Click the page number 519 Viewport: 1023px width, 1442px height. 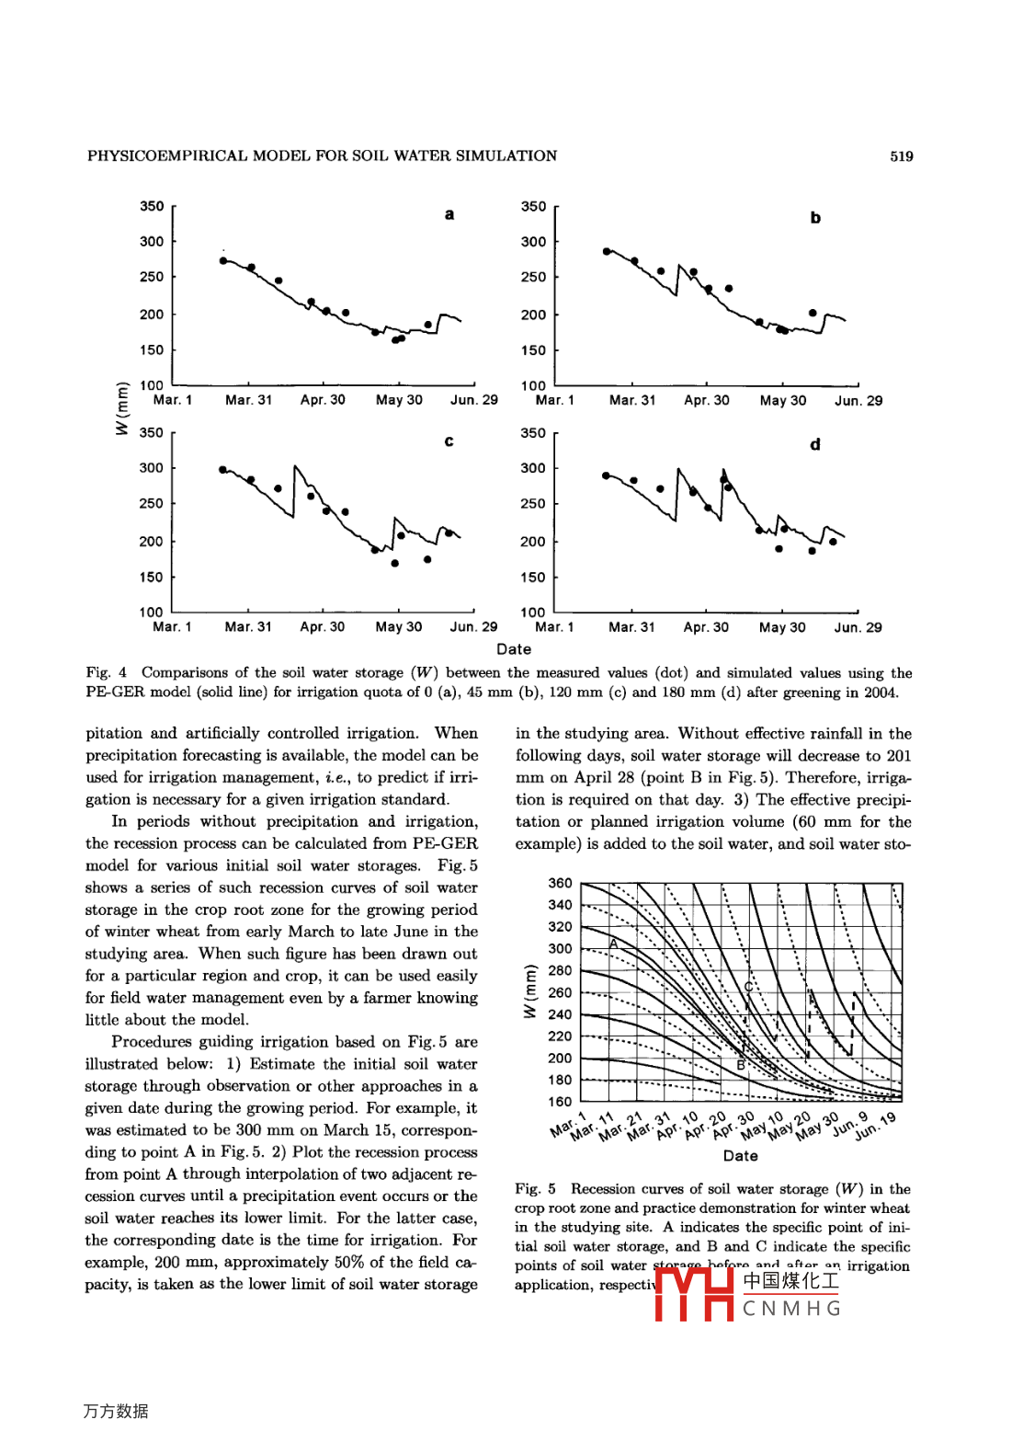tap(901, 156)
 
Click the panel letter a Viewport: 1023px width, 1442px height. tap(449, 215)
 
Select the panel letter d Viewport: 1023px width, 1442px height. tap(814, 445)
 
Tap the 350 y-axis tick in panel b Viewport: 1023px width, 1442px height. tap(533, 207)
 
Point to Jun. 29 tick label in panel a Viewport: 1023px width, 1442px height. tap(474, 400)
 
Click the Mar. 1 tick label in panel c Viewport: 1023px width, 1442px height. tap(172, 627)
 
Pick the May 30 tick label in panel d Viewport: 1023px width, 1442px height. tap(782, 627)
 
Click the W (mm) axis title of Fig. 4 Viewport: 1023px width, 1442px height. tap(122, 408)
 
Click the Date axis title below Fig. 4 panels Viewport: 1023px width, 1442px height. tap(514, 649)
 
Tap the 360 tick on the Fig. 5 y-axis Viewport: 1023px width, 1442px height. tap(560, 884)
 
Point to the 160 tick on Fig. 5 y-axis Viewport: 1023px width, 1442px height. tap(560, 1102)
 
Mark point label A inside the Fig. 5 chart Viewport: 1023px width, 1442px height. tap(613, 944)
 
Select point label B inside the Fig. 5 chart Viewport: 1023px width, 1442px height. tap(741, 1065)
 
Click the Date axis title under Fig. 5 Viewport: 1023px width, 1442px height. tap(741, 1156)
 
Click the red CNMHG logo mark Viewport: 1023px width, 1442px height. tap(694, 1294)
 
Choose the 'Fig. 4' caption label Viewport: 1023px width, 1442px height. tap(107, 673)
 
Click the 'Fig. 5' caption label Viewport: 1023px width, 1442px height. tap(535, 1189)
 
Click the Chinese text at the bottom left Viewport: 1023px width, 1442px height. tap(116, 1411)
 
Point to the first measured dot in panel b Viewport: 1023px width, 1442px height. tap(607, 251)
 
